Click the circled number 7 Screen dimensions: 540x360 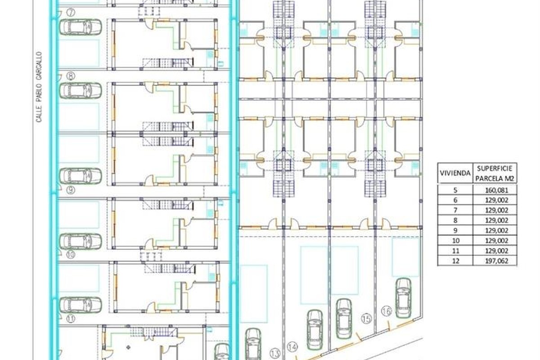71,12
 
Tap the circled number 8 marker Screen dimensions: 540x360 71,76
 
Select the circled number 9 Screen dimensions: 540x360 71,190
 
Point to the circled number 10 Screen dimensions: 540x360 71,255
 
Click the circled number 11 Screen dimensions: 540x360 71,319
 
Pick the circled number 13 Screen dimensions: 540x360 275,354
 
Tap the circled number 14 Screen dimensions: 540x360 292,347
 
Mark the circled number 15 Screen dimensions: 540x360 366,319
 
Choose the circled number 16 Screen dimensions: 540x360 387,311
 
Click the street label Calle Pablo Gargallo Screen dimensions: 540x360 39,87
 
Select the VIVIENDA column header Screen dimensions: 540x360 455,173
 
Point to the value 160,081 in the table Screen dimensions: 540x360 496,190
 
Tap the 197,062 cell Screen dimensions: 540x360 496,261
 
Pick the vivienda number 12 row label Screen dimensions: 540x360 455,261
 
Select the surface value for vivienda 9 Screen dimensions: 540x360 496,230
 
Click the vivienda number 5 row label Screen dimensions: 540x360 455,190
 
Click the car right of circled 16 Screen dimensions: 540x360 403,298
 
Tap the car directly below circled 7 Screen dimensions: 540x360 81,27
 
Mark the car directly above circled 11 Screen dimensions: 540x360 81,305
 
